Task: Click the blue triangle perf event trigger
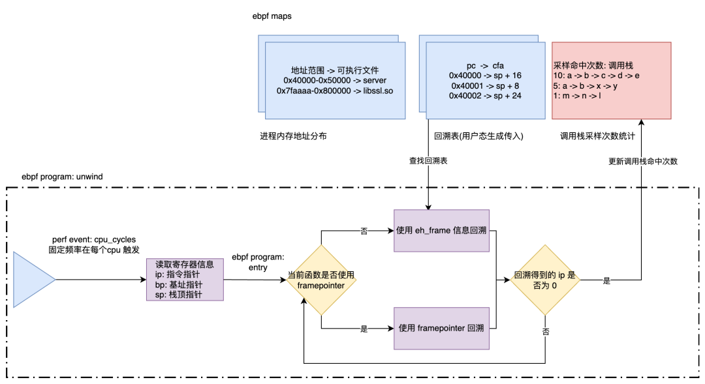31,280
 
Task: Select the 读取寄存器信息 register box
185,279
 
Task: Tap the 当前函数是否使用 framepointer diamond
321,280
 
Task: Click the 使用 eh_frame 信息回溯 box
441,230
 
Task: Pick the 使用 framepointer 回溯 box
441,329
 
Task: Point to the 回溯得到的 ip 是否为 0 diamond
545,280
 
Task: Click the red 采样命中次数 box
612,80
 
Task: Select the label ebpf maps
272,16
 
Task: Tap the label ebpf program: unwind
62,177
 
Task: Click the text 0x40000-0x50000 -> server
335,80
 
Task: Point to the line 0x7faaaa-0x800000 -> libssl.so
335,91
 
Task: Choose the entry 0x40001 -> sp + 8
485,86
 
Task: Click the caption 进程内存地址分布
293,136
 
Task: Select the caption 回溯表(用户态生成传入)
479,136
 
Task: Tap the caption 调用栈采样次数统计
597,136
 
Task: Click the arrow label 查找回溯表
428,161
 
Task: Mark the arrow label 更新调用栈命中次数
643,161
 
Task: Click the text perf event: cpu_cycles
94,240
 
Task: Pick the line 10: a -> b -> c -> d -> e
596,76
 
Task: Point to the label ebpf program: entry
258,262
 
